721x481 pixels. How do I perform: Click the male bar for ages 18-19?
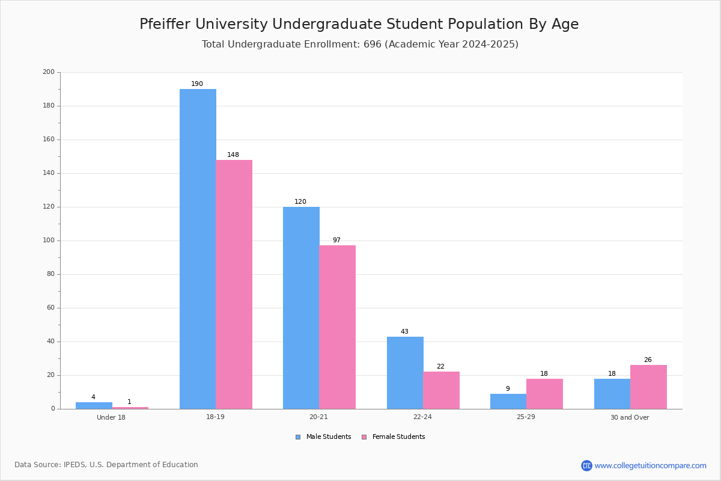[x=198, y=249]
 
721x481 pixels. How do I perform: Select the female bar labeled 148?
[x=234, y=284]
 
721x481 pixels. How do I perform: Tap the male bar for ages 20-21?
[x=301, y=308]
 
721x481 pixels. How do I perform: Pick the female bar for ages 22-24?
[x=441, y=390]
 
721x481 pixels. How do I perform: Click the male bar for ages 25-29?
[x=508, y=402]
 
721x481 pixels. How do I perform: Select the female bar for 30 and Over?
[x=648, y=387]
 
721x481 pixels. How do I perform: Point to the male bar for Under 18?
[x=94, y=406]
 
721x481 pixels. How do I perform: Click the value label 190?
[x=197, y=84]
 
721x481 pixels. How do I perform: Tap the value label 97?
[x=336, y=240]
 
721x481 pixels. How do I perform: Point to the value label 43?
[x=404, y=331]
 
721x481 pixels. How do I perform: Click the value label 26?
[x=648, y=360]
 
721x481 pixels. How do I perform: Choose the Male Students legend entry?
[x=323, y=437]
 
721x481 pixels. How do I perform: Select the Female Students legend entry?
[x=394, y=437]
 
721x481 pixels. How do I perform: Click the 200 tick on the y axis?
[x=49, y=72]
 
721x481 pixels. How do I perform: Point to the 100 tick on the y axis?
[x=49, y=240]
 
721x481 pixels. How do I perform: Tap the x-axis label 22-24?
[x=422, y=417]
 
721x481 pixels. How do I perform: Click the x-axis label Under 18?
[x=111, y=417]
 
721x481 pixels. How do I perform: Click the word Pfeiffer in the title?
[x=165, y=24]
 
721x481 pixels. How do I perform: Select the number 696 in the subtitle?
[x=373, y=44]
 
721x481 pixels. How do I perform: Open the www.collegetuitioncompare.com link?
[x=650, y=465]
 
